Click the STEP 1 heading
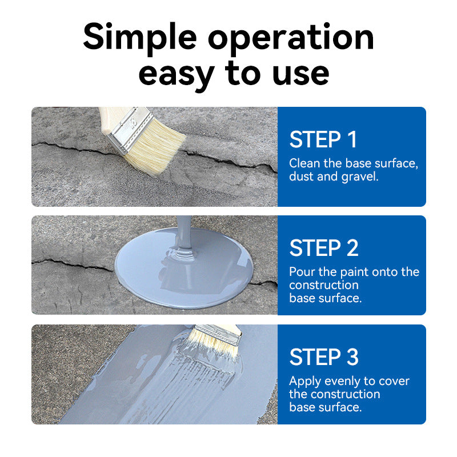(x=323, y=139)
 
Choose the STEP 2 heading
(x=324, y=248)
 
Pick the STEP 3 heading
(x=324, y=356)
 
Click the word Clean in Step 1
(x=304, y=163)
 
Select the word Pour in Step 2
(x=302, y=272)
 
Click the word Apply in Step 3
(x=305, y=382)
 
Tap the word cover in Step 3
(x=394, y=381)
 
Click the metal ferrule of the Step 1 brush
(x=130, y=130)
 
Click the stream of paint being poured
(x=183, y=232)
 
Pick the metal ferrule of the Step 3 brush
(x=218, y=335)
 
